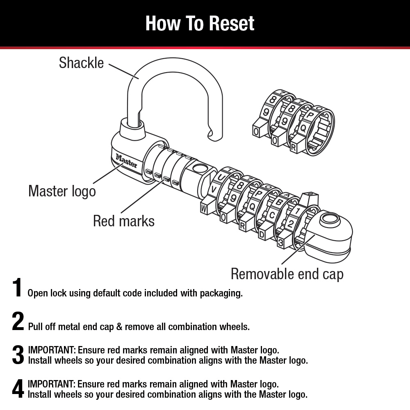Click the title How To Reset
click(x=200, y=23)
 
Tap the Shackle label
click(x=81, y=63)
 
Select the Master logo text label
click(x=62, y=191)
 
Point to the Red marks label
click(x=124, y=221)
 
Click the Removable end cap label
click(x=287, y=274)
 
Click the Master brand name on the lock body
click(x=126, y=161)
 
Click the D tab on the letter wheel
click(x=262, y=235)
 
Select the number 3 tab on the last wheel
click(x=281, y=242)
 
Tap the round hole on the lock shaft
click(x=198, y=168)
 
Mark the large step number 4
click(x=18, y=389)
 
